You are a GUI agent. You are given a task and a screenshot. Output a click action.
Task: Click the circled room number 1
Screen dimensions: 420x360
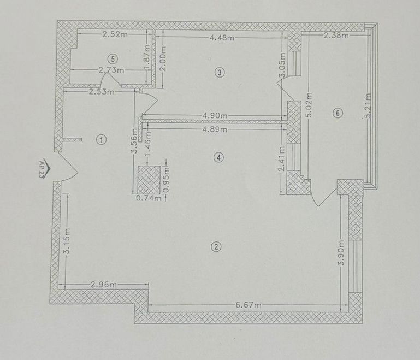coord(102,139)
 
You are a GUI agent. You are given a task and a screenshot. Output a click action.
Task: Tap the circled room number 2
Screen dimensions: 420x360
coord(216,247)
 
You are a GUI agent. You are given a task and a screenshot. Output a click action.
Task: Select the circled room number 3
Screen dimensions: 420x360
coord(220,72)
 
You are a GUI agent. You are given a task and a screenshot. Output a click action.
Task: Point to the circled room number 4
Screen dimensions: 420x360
coord(219,157)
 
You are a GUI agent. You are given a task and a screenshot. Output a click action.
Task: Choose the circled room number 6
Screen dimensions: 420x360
coord(338,113)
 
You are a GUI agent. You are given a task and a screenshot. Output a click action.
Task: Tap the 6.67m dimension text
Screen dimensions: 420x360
coord(249,305)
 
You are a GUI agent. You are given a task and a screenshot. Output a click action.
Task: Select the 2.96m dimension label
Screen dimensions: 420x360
coord(104,285)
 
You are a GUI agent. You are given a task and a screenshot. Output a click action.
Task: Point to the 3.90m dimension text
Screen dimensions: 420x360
coord(341,252)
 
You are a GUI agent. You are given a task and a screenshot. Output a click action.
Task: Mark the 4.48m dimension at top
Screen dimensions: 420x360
coord(222,38)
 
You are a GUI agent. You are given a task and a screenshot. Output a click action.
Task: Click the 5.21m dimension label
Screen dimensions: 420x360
coord(368,105)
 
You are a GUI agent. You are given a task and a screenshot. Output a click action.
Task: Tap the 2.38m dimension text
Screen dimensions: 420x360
coord(336,35)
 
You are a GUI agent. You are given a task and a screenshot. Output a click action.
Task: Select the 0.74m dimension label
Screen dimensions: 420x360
coord(149,198)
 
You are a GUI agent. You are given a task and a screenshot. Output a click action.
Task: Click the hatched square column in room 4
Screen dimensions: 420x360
coord(149,180)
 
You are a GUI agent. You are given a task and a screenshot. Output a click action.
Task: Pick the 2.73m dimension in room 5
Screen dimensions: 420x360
coord(111,70)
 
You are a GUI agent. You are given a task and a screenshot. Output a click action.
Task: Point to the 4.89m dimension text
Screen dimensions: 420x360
coord(215,129)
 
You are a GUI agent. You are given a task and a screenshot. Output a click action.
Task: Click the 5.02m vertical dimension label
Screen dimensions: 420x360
coord(309,105)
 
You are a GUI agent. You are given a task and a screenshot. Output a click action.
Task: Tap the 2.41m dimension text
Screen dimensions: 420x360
coord(281,158)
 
